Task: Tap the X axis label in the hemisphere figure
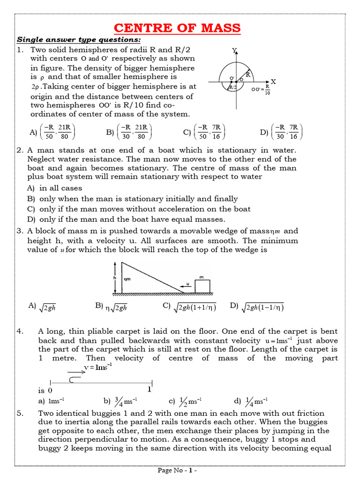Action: pos(273,82)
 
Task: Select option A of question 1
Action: pos(52,132)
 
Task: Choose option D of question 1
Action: pos(282,132)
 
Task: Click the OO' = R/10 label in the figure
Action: pos(261,89)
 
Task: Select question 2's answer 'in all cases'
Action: pos(54,188)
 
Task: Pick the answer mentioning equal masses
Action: pos(127,219)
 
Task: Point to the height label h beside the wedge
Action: pos(115,277)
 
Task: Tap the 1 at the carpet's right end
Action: pos(150,389)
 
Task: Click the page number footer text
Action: pos(177,470)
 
